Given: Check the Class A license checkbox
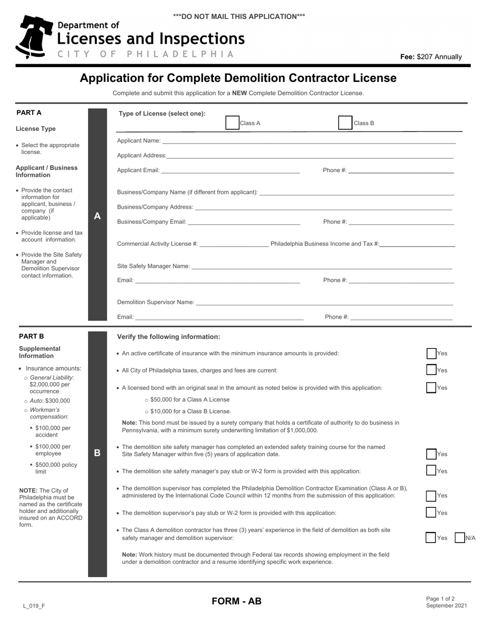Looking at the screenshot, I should [232, 123].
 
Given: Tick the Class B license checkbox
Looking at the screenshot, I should [345, 123].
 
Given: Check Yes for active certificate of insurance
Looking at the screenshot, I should [432, 354].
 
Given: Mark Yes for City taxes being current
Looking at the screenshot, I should [432, 371].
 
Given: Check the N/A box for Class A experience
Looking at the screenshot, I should [460, 538].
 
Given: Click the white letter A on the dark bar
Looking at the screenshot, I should [97, 216].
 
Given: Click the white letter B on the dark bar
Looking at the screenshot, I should [97, 452].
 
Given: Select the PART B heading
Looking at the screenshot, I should [32, 336].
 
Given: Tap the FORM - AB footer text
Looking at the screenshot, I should [236, 602].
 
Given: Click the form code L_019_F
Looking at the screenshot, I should [34, 606].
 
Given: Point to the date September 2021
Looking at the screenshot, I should [446, 606].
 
